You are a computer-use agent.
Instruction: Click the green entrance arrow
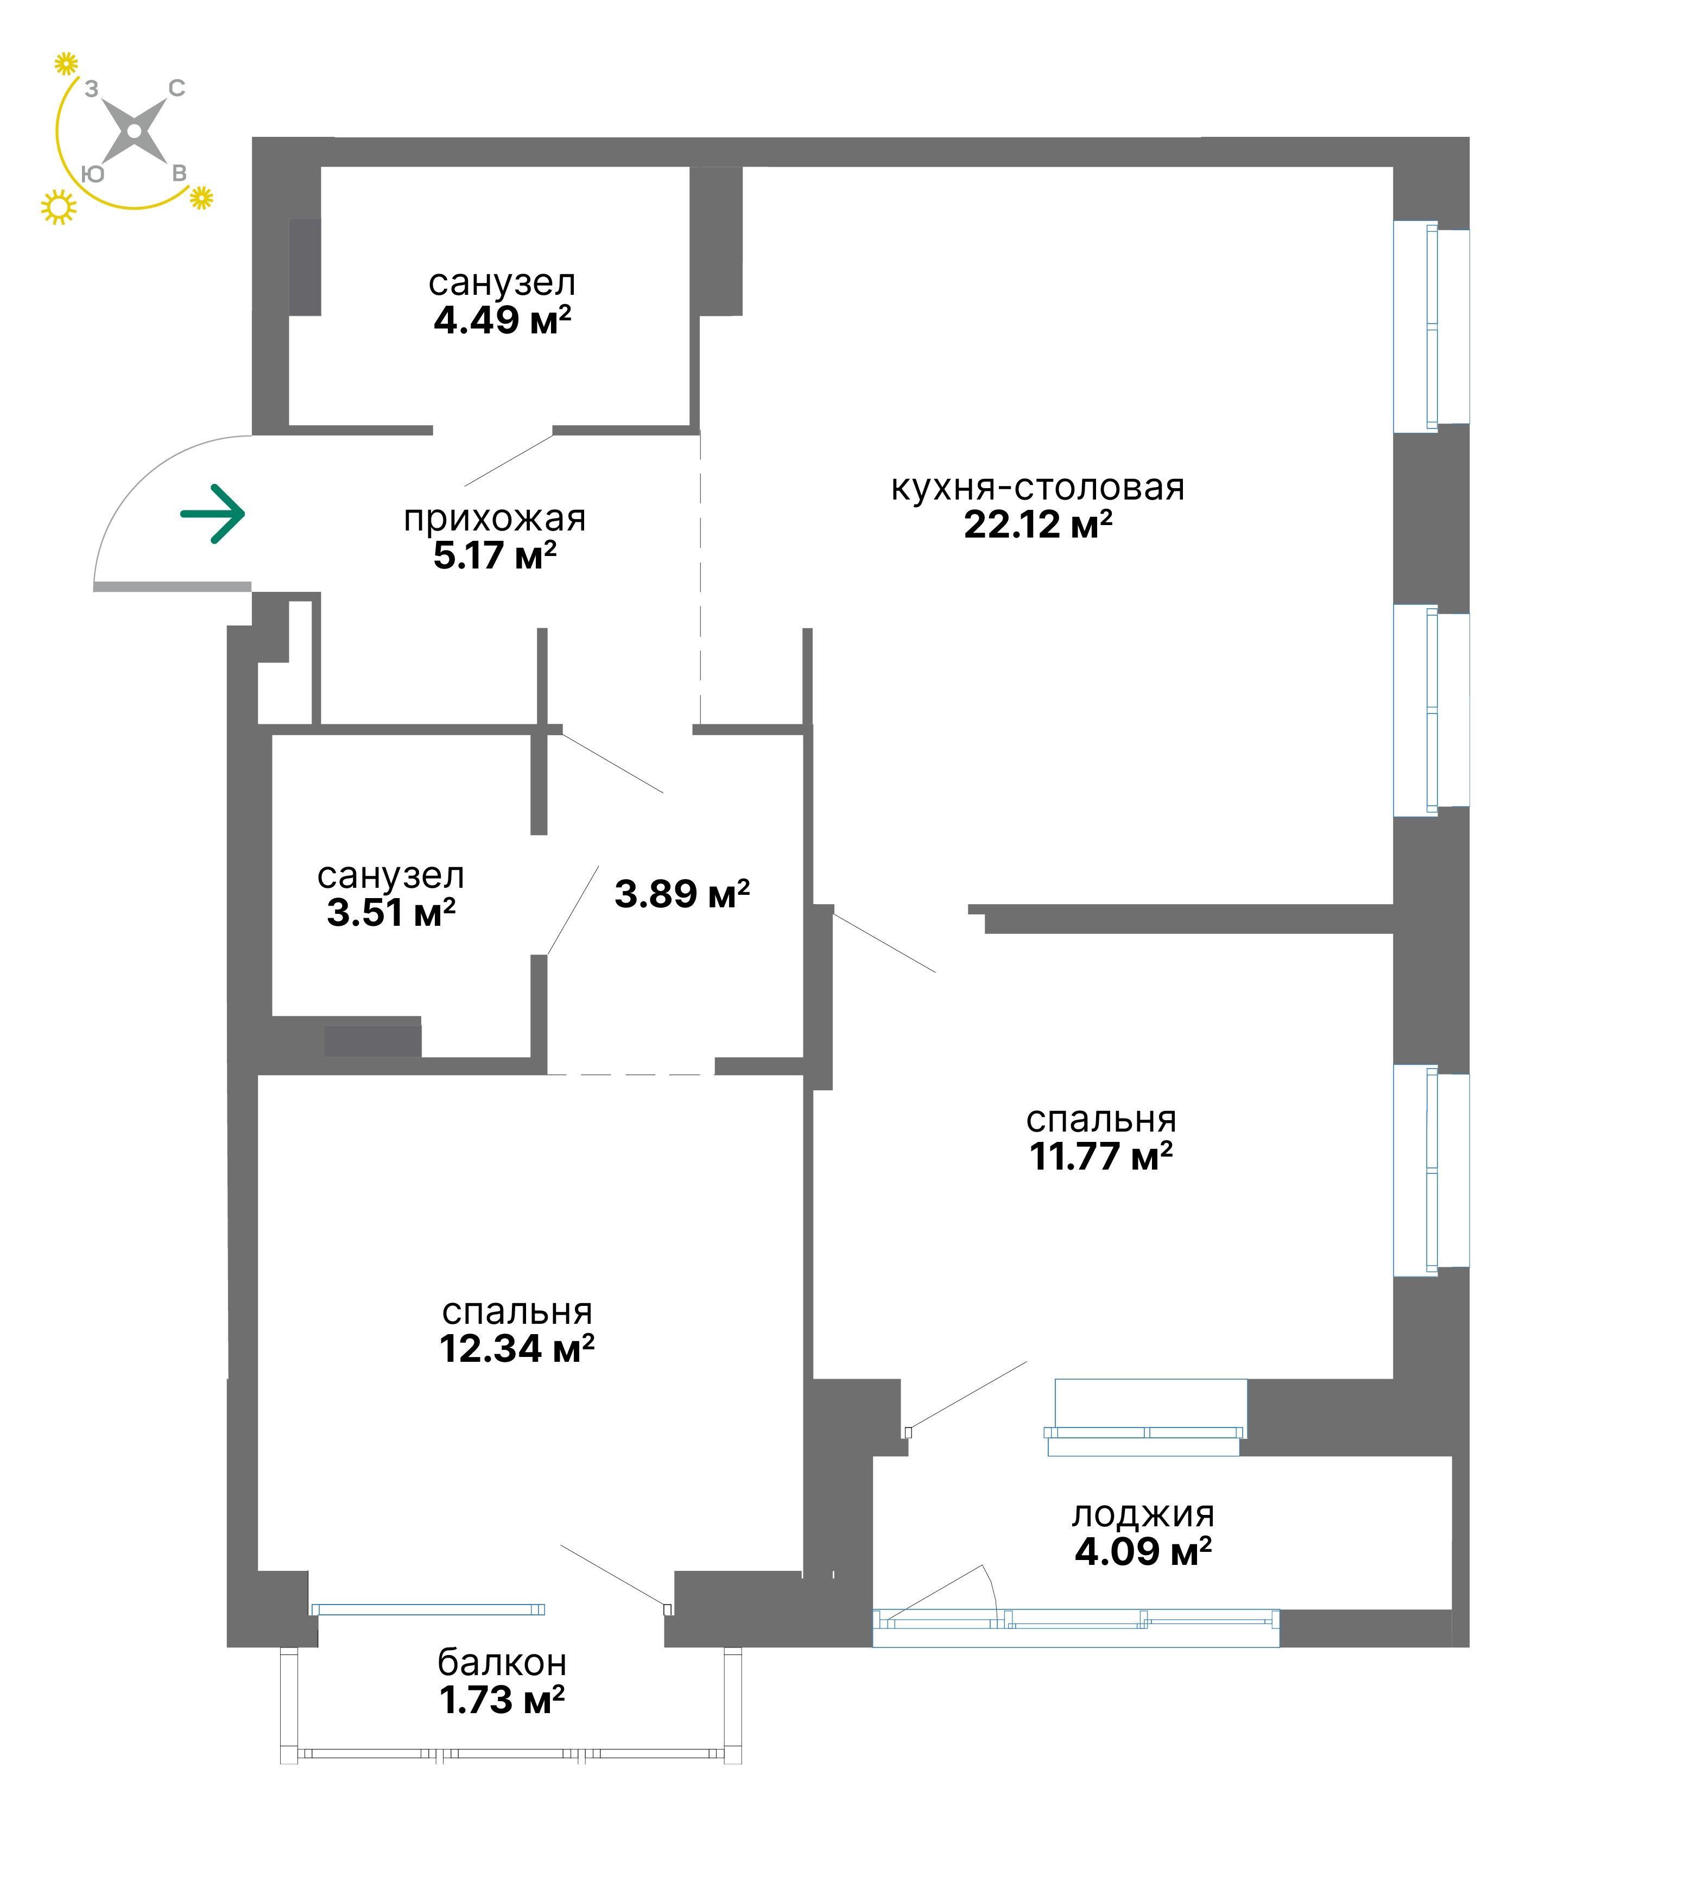(x=213, y=514)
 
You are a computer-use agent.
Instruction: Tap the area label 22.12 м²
(x=1038, y=525)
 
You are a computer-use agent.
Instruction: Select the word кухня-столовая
(x=1038, y=488)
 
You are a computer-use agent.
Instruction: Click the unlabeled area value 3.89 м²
(x=682, y=894)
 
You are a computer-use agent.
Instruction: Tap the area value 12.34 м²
(x=517, y=1349)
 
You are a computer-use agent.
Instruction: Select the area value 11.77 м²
(x=1100, y=1157)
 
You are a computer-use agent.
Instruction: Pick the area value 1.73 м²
(x=502, y=1701)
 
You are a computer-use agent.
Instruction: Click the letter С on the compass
(x=176, y=89)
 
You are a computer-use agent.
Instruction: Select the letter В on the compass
(x=179, y=174)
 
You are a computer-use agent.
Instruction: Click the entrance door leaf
(x=172, y=587)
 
